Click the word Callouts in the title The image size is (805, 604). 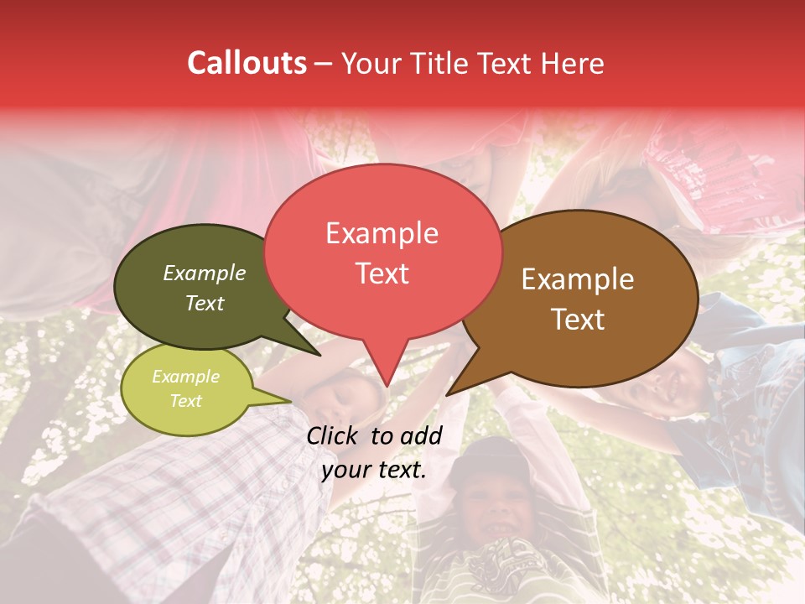pyautogui.click(x=247, y=63)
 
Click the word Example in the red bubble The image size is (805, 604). pyautogui.click(x=382, y=233)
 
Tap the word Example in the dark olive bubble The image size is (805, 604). pyautogui.click(x=205, y=273)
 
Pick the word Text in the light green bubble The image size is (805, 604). pyautogui.click(x=185, y=401)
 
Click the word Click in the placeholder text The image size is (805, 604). pyautogui.click(x=334, y=435)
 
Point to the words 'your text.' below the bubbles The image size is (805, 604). pyautogui.click(x=374, y=469)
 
